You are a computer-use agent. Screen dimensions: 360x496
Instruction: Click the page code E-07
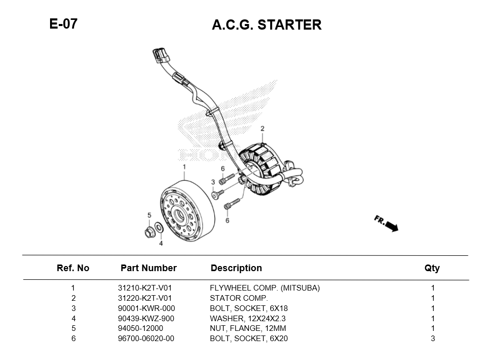coord(63,23)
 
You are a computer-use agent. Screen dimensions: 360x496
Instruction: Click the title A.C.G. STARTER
coord(267,25)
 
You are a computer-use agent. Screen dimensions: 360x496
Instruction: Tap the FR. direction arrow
coord(387,224)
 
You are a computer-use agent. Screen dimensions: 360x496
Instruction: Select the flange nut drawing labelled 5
coord(150,233)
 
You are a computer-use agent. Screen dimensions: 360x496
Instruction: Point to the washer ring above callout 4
coord(159,227)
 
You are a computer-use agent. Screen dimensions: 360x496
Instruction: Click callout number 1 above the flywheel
coord(184,167)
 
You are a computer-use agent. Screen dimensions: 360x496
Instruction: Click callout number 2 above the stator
coord(263,129)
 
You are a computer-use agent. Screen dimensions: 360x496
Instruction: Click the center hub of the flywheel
coord(180,215)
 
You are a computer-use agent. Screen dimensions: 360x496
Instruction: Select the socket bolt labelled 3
coord(219,194)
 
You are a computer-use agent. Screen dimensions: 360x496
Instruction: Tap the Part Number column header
coord(149,268)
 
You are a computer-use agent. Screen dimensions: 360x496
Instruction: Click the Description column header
coord(236,268)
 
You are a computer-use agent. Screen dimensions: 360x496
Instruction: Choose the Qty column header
coord(432,268)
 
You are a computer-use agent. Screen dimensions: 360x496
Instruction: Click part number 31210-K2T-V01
coord(145,288)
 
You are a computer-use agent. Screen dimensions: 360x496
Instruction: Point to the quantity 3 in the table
coord(433,339)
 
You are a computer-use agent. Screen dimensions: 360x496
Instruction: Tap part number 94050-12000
coord(140,328)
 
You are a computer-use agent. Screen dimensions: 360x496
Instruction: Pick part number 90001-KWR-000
coord(146,308)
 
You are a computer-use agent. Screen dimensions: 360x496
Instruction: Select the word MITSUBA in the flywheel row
coord(301,288)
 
